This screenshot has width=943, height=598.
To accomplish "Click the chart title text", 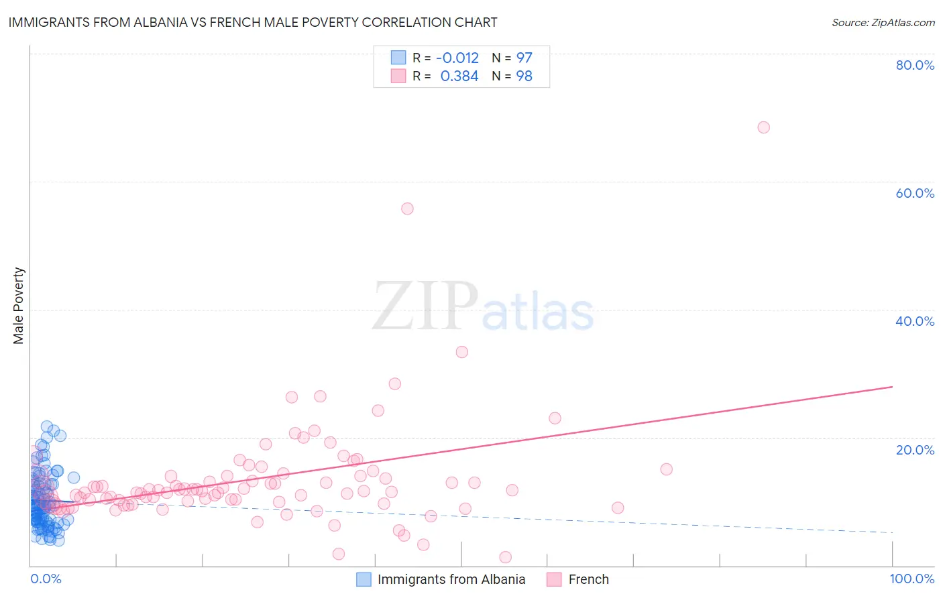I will [x=252, y=22].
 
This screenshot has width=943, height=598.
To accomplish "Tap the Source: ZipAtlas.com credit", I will [x=883, y=22].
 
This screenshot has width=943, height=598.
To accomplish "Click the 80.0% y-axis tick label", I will [x=915, y=65].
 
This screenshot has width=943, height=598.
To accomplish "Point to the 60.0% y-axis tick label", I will [x=915, y=193].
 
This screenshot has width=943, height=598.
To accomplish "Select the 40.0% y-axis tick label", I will [x=915, y=321].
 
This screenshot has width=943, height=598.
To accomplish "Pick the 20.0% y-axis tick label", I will [x=915, y=450].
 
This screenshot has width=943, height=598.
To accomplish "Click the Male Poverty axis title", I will [x=19, y=306].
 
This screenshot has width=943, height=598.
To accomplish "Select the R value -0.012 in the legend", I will [x=457, y=58].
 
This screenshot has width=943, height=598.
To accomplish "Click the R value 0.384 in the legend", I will [x=459, y=76].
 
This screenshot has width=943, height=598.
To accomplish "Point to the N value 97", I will [x=524, y=58].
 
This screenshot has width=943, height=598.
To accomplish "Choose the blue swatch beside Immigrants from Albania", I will [x=364, y=579].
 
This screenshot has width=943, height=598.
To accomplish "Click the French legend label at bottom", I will [x=588, y=579].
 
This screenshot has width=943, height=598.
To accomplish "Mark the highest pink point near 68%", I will [x=763, y=127].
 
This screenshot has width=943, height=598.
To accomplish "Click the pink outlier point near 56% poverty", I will [x=407, y=208].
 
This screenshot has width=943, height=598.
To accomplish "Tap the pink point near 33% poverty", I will [x=461, y=352].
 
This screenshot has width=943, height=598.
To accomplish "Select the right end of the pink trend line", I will [x=892, y=387].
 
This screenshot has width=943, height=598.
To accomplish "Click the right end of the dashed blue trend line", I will [x=892, y=532].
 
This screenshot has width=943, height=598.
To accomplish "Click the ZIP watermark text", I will [x=425, y=307].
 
